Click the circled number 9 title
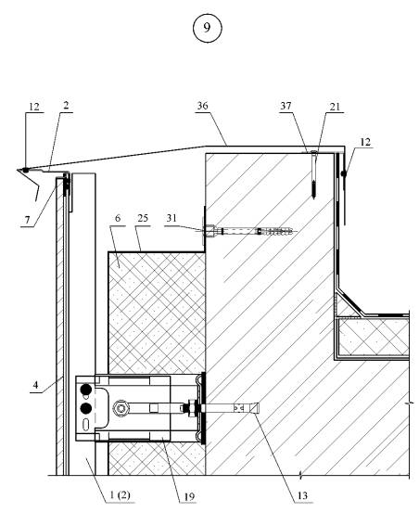pos(208,28)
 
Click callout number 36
pos(202,106)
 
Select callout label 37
pos(286,106)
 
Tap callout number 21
pos(335,107)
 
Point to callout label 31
pos(171,218)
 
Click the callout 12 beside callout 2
pos(34,107)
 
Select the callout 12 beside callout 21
pos(365,142)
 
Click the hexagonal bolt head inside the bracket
pos(121,408)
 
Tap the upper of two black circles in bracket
pos(86,390)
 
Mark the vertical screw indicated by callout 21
pos(314,174)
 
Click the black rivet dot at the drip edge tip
pos(25,170)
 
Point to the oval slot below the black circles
pos(86,425)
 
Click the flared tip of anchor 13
pos(256,408)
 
